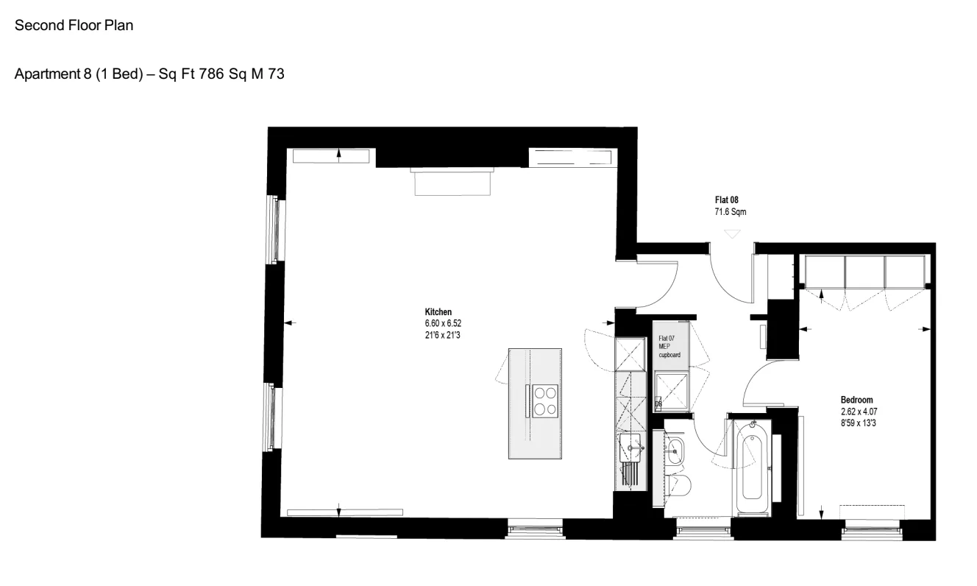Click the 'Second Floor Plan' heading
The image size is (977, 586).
pos(74,25)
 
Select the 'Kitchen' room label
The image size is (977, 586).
pos(438,312)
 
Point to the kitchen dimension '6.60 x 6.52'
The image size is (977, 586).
pos(443,323)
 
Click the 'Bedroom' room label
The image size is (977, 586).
pos(856,400)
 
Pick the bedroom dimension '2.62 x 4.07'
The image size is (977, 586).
pos(859,412)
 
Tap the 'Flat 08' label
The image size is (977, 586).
pos(727,200)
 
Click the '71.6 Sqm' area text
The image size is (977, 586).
pos(730,212)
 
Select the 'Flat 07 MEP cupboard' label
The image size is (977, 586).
pos(669,347)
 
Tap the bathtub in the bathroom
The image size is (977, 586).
pos(752,467)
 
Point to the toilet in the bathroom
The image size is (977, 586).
pos(678,486)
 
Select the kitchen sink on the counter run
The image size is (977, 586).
pos(630,448)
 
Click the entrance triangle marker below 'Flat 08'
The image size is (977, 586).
pos(732,234)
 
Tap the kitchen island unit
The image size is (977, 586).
pos(535,403)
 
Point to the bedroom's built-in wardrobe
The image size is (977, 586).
pos(864,272)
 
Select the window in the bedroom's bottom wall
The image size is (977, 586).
pos(872,531)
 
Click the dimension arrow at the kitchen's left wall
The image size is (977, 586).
pos(290,323)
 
